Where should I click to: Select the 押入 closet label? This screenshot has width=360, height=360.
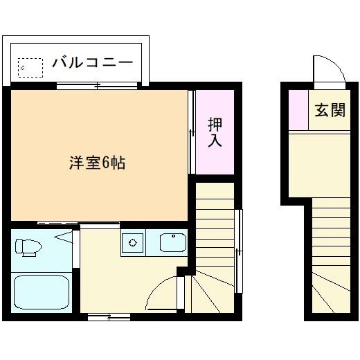pos(215,132)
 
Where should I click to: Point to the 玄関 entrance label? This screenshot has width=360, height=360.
pos(329,110)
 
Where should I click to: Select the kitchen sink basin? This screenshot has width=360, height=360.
pos(172,243)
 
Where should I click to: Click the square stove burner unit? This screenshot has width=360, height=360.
pos(132,243)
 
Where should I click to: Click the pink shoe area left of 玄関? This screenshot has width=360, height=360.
pos(298,110)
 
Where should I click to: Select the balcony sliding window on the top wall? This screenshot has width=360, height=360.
pos(98,86)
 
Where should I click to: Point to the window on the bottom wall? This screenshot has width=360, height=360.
pos(109,317)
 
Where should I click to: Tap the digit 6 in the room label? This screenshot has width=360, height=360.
pos(106,164)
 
